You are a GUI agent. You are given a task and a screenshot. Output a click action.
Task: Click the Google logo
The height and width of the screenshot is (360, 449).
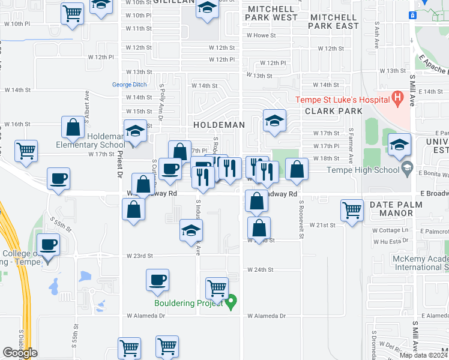(x=20, y=353)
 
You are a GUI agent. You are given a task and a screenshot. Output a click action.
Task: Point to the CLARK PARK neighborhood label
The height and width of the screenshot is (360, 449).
(x=334, y=111)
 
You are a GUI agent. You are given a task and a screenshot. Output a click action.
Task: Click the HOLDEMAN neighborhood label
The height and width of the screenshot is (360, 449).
(x=219, y=125)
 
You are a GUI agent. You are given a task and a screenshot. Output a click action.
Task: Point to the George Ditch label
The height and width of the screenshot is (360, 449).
(x=130, y=85)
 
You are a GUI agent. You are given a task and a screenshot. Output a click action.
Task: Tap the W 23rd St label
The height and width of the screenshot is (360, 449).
(x=140, y=256)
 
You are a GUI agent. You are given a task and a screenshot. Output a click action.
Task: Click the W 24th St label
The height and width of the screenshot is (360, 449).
(x=261, y=270)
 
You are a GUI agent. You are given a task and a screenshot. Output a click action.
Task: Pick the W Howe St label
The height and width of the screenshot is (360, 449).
(x=263, y=35)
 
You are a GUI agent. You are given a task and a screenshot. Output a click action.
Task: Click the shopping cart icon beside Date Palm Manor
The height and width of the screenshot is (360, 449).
(x=352, y=210)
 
